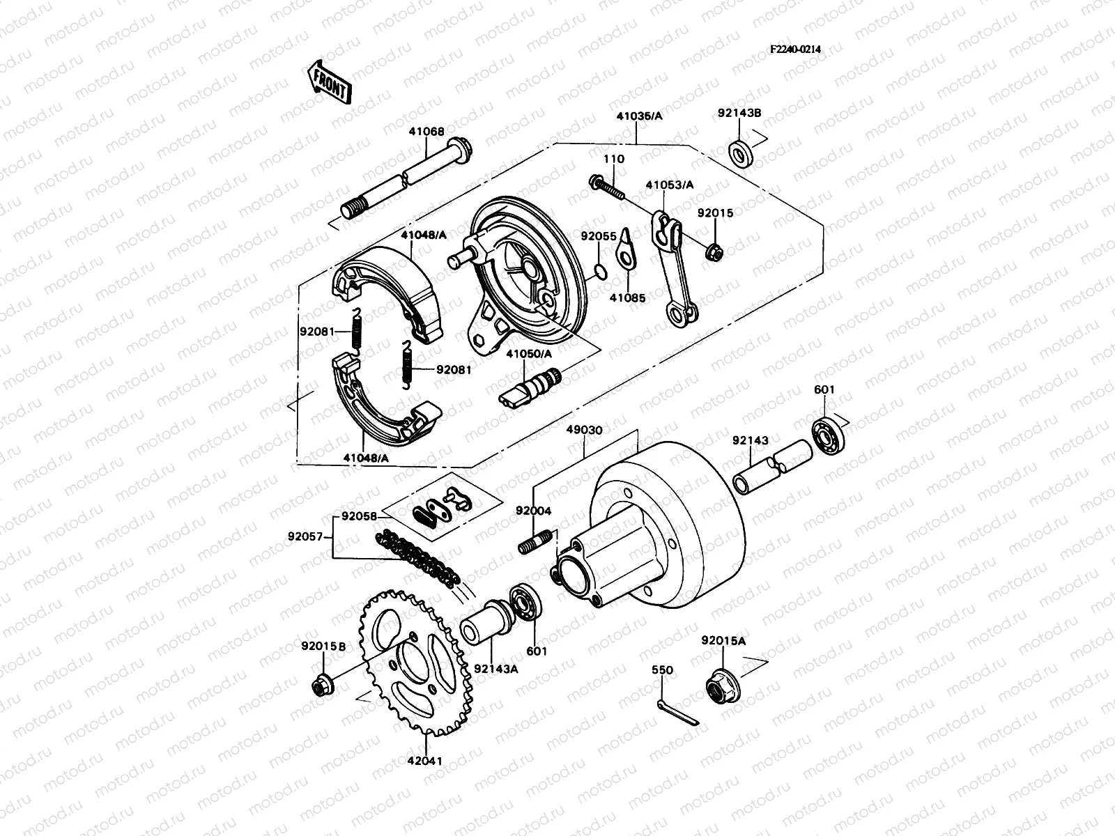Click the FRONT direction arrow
point(328,82)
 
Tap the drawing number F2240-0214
point(795,49)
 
